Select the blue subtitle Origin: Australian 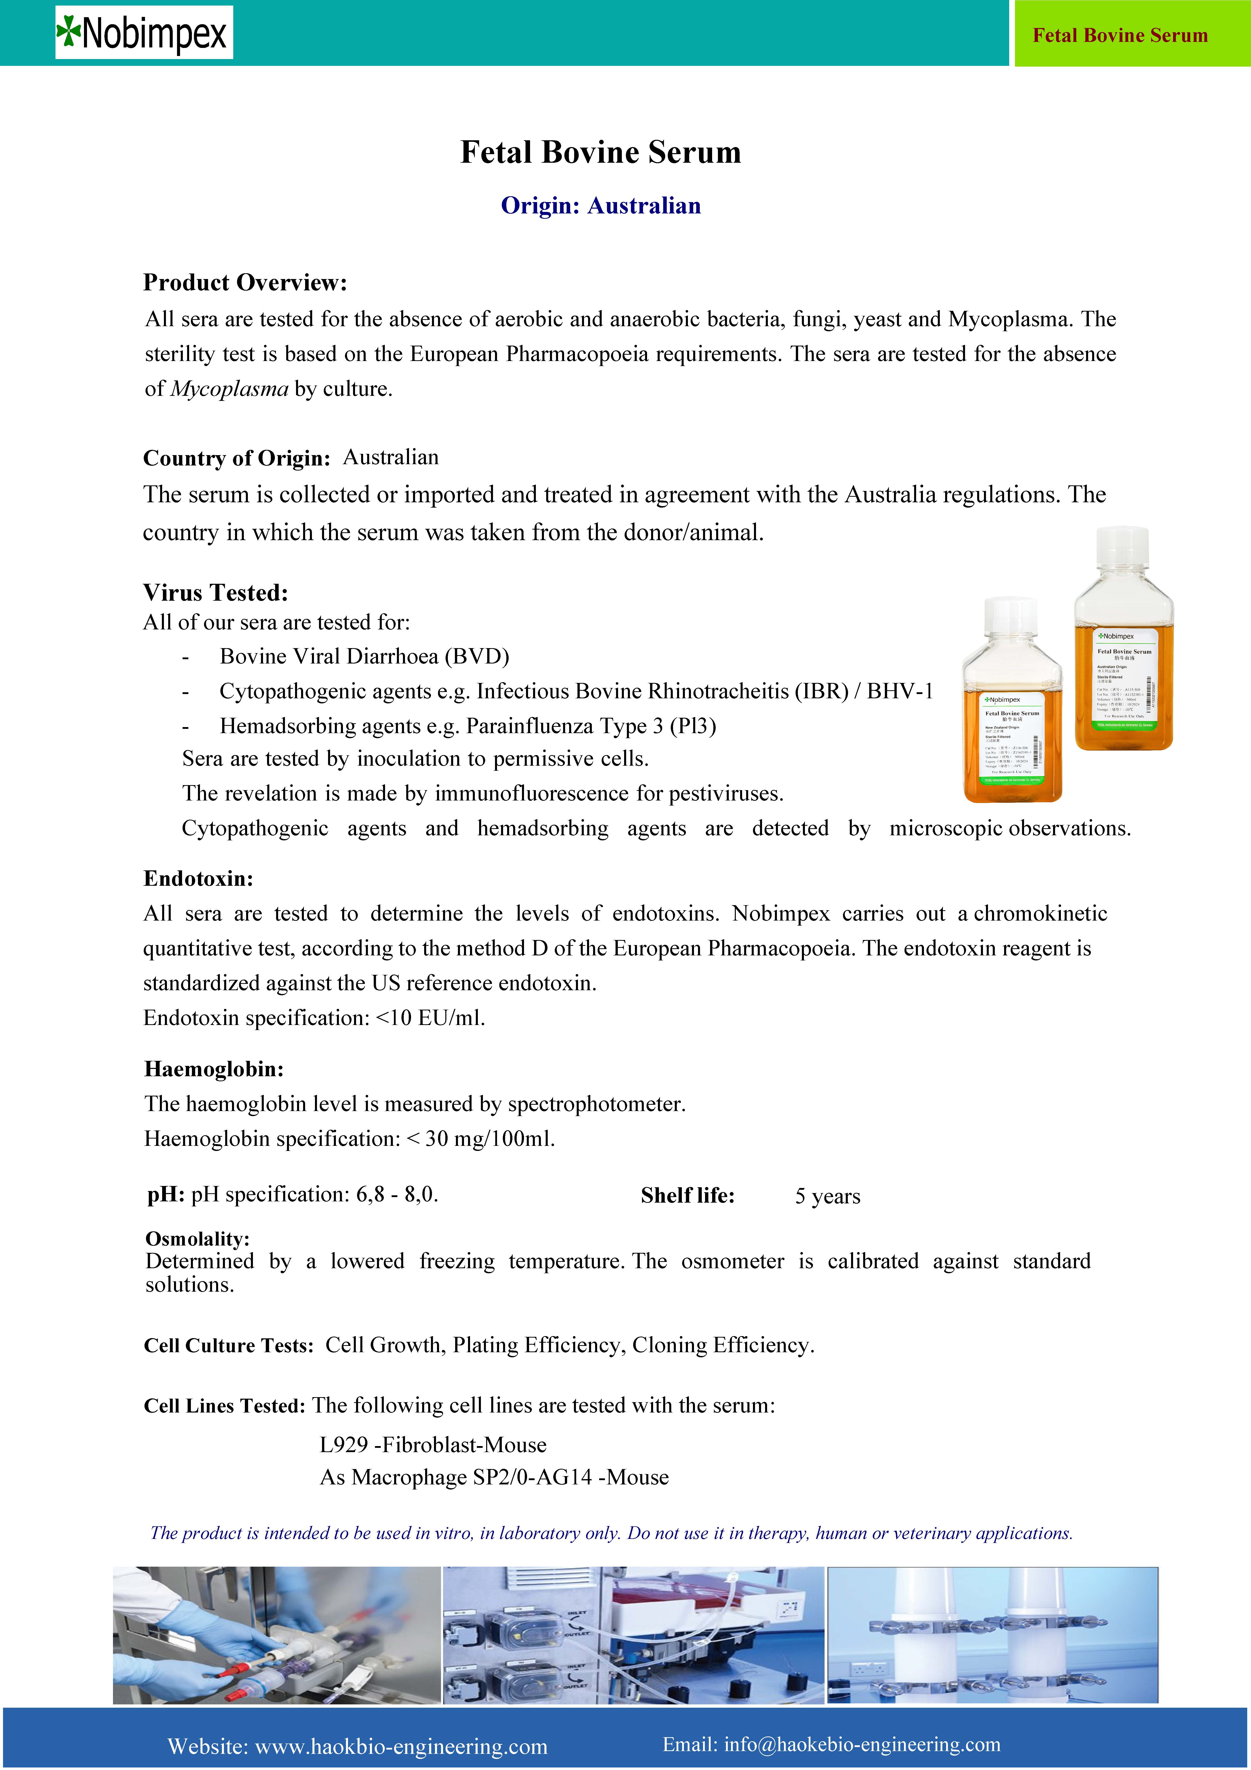click(600, 206)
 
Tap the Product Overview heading click(245, 282)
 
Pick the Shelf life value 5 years click(827, 1197)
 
